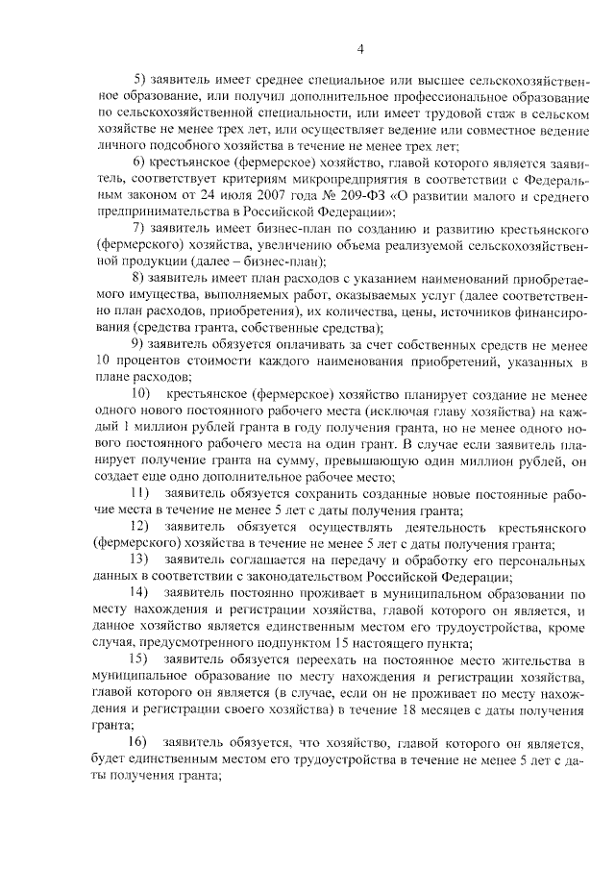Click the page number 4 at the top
point(358,49)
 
